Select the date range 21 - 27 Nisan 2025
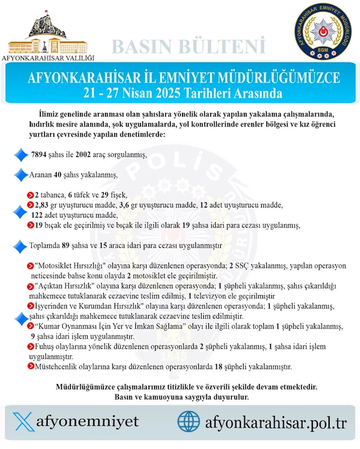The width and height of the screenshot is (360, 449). [x=180, y=90]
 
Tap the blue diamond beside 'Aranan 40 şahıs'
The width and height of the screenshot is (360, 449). [x=21, y=175]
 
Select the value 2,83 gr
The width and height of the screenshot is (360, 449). [x=47, y=205]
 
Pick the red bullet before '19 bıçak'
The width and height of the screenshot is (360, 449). [x=31, y=226]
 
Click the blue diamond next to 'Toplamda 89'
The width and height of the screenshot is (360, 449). [x=21, y=246]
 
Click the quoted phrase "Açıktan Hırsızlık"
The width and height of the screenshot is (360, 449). [x=62, y=286]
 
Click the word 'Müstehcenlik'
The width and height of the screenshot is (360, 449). [x=56, y=367]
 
